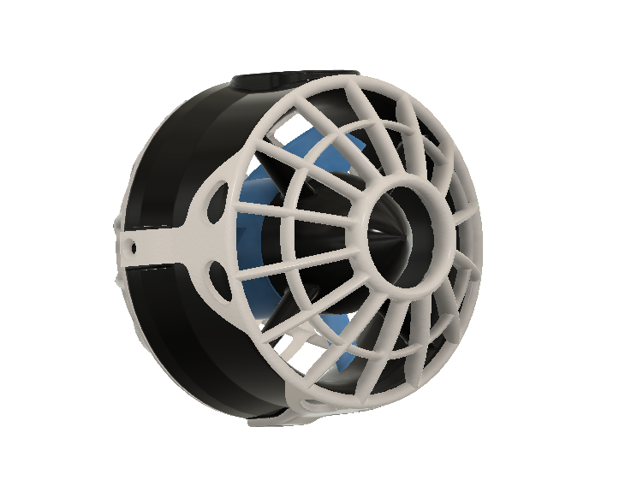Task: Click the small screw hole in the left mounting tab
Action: pyautogui.click(x=131, y=246)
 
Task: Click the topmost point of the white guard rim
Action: pyautogui.click(x=377, y=79)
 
